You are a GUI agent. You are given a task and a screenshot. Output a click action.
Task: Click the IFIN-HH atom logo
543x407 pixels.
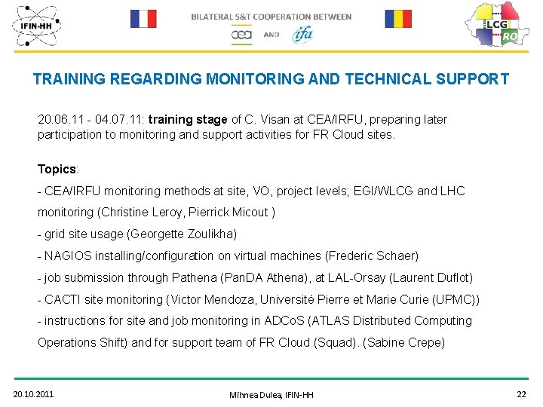click(x=36, y=26)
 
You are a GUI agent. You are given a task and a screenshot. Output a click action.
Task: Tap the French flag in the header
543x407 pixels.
click(x=143, y=18)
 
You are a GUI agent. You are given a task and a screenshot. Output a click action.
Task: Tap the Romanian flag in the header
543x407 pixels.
click(x=398, y=18)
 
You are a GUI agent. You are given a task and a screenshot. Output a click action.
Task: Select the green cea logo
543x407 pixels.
click(x=241, y=35)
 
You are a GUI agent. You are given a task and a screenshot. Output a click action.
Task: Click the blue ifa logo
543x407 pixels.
click(x=302, y=34)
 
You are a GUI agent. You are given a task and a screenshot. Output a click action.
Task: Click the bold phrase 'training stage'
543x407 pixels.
click(x=188, y=119)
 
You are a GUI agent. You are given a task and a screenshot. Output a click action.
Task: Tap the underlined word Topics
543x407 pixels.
click(x=57, y=169)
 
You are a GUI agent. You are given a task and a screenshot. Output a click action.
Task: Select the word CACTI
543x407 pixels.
click(x=63, y=299)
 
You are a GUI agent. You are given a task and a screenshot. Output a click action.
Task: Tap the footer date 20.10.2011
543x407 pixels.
click(x=33, y=393)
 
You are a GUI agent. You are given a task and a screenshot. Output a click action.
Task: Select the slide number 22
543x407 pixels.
click(x=521, y=393)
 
